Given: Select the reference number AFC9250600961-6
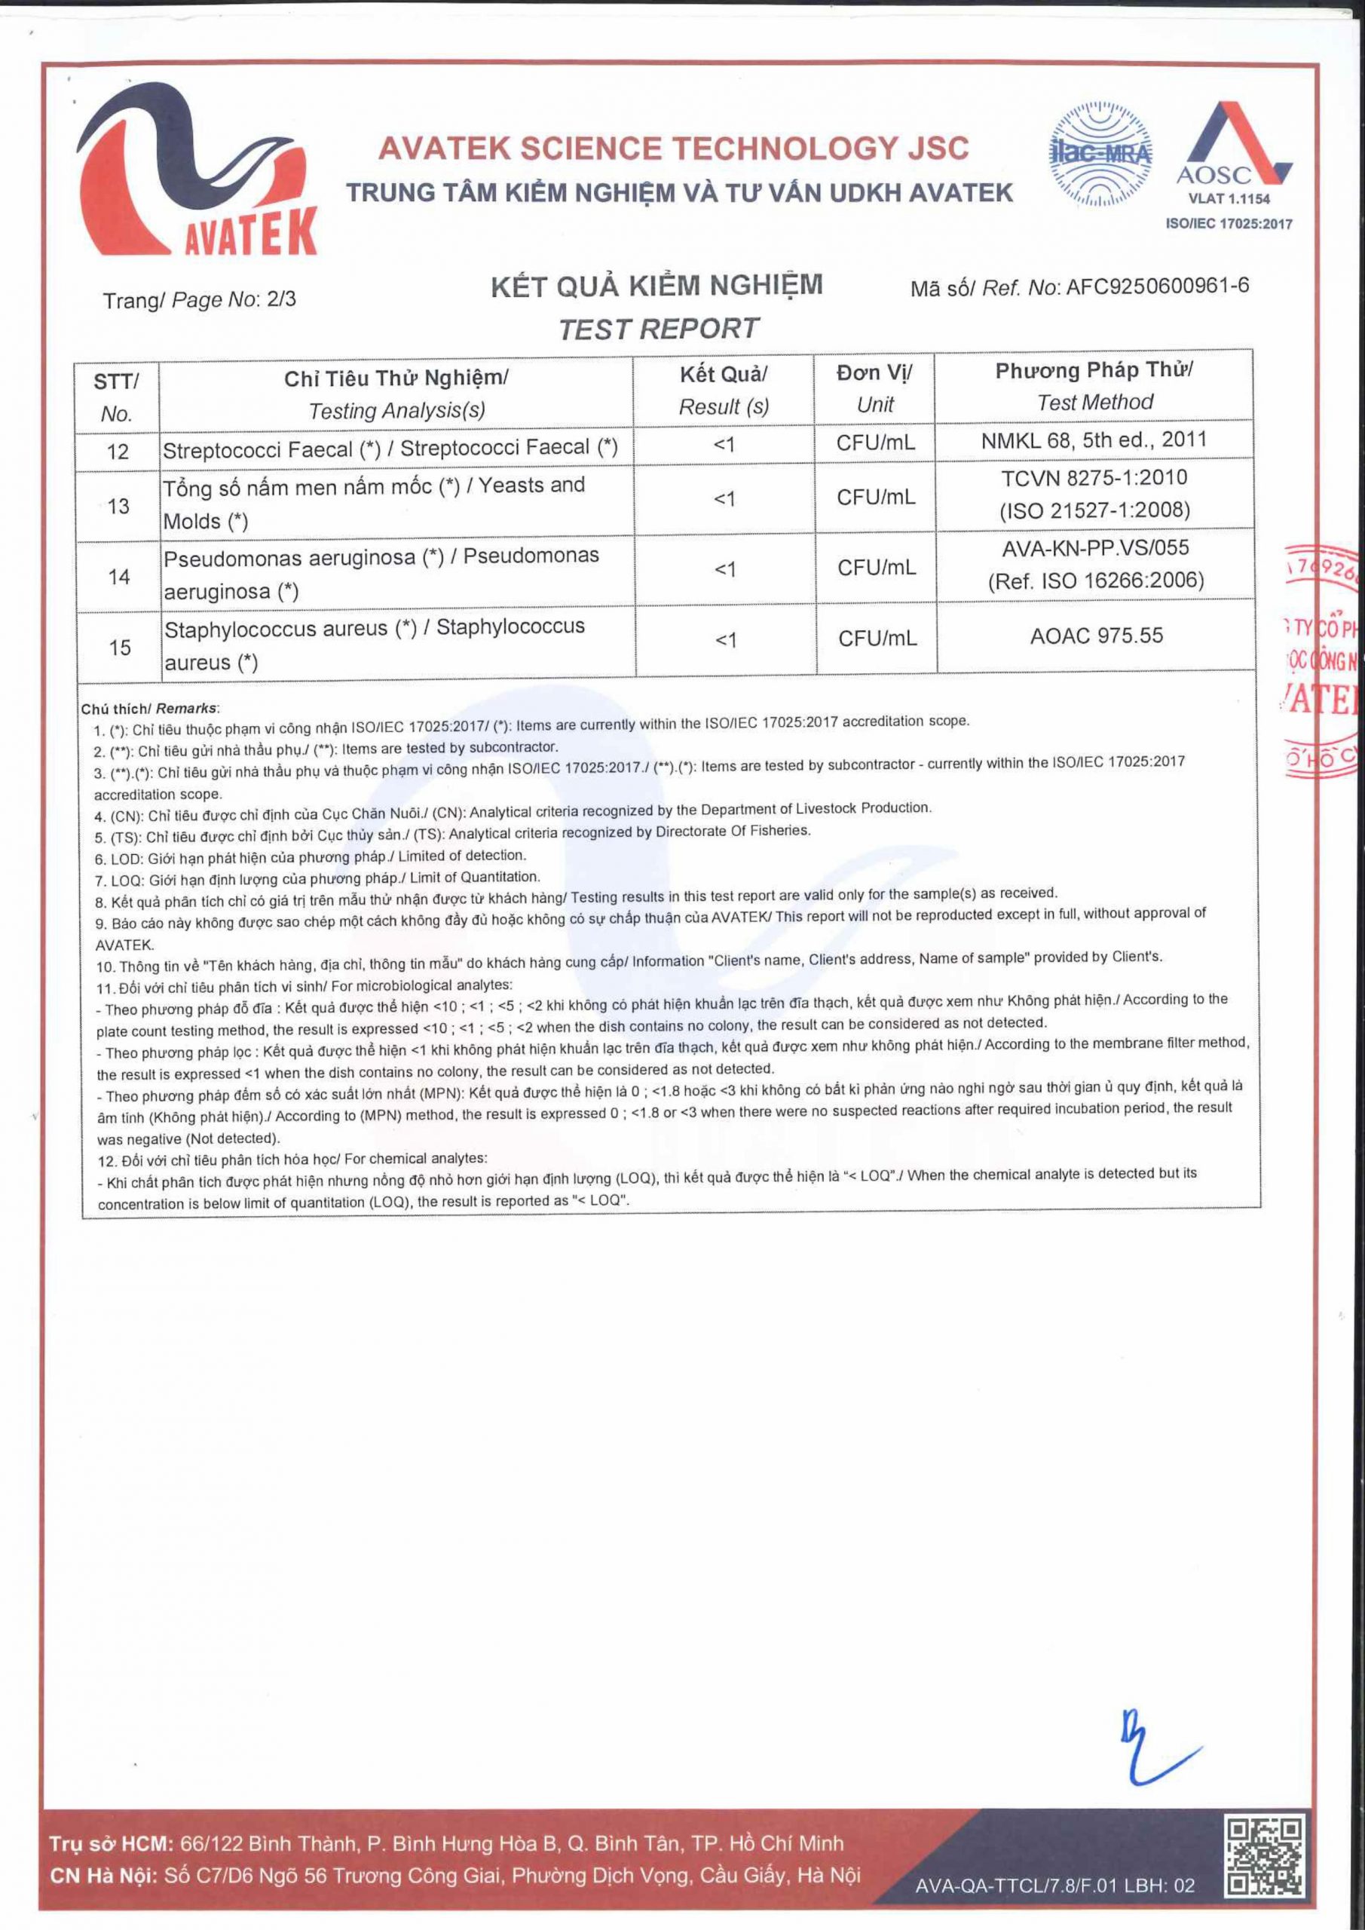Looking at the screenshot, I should tap(1158, 286).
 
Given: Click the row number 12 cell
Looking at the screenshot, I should tap(118, 452).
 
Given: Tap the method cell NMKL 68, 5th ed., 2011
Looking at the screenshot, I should tap(1094, 440).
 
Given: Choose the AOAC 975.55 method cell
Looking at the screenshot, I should tap(1096, 636).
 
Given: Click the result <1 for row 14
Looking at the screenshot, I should tap(724, 569).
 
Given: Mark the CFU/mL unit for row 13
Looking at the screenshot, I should tap(875, 498).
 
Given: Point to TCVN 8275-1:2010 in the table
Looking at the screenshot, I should tap(1094, 477).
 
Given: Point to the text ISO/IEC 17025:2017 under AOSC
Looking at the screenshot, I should tap(1228, 224).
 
